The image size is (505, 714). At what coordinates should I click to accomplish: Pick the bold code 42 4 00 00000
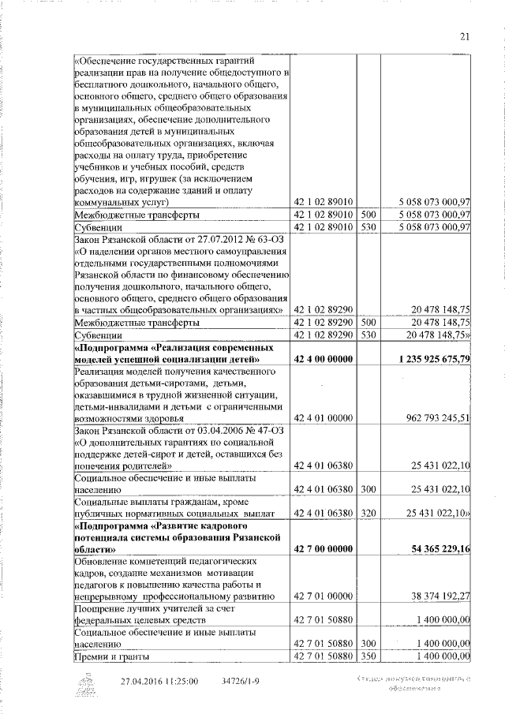point(323,360)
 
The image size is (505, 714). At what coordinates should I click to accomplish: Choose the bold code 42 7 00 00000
point(323,548)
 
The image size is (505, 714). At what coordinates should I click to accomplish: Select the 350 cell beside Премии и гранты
point(368,656)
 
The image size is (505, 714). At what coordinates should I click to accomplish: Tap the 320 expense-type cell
point(368,513)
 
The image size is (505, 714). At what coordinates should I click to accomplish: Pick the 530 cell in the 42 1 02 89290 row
point(368,335)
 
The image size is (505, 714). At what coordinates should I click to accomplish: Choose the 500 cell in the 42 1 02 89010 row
point(368,214)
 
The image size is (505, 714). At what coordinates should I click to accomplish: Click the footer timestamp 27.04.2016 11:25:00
point(159,681)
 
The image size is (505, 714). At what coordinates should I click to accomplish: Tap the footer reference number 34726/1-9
point(236,681)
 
